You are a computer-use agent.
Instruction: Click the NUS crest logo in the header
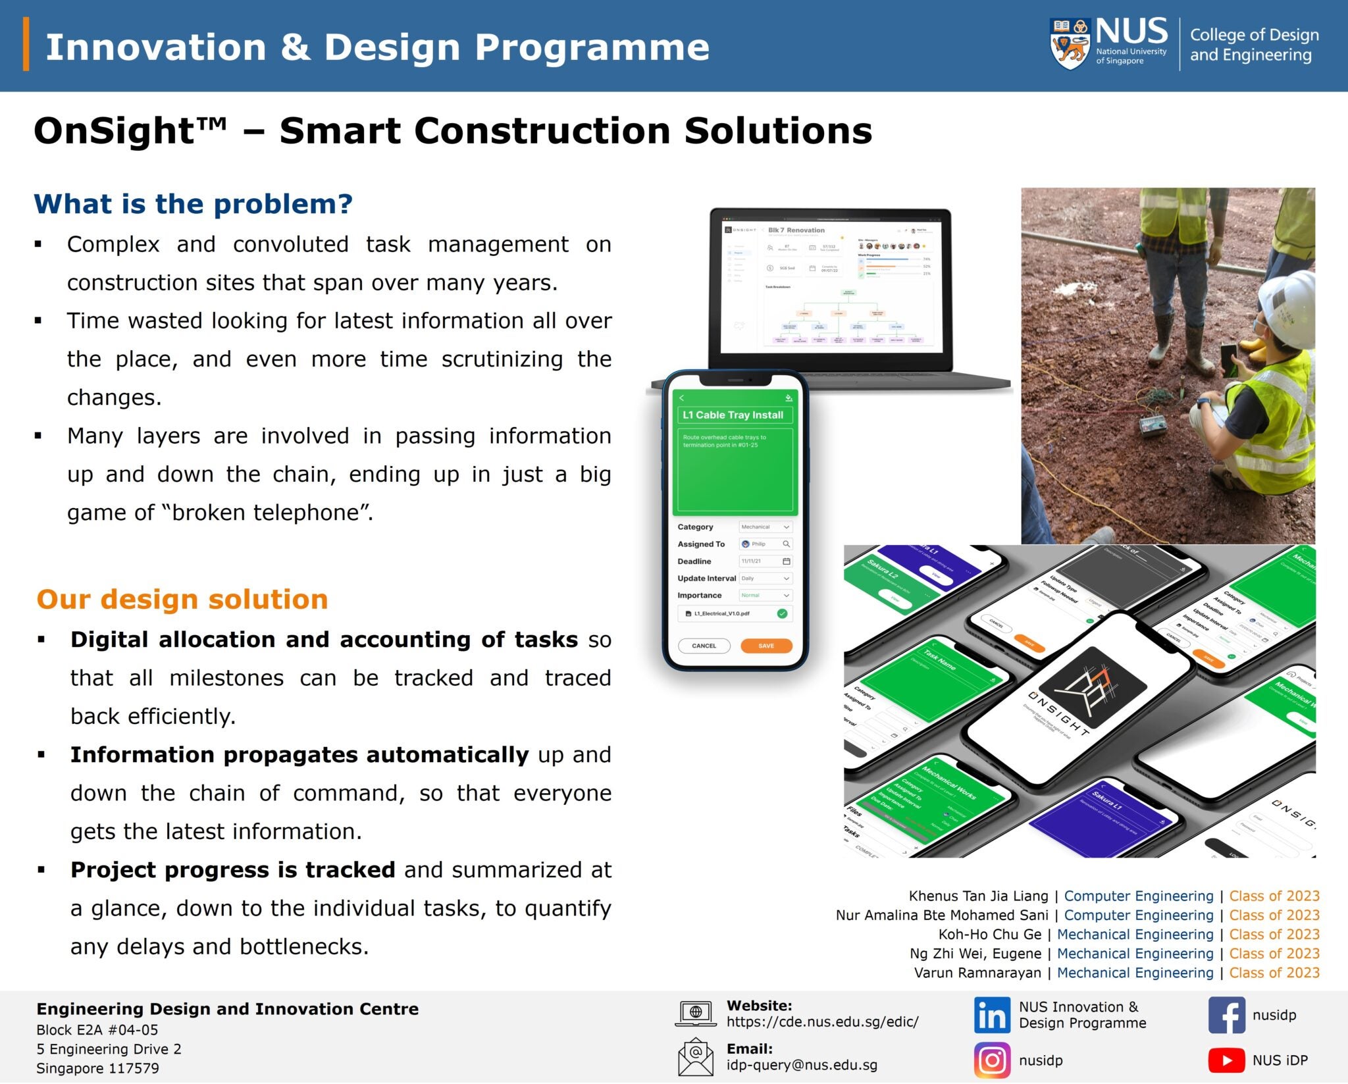[1070, 44]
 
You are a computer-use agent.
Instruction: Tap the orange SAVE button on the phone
[765, 646]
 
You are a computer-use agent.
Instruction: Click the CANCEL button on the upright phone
[704, 646]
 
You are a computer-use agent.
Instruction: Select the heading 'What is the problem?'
[193, 204]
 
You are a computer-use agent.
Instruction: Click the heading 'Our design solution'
[182, 600]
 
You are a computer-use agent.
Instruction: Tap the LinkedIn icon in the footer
[991, 1015]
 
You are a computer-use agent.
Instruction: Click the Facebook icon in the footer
[1226, 1015]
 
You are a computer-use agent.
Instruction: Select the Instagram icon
[991, 1060]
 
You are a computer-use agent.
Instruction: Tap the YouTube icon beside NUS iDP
[1226, 1060]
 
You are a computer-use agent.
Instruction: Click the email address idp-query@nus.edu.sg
[802, 1065]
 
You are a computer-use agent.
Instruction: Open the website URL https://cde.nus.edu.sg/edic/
[822, 1021]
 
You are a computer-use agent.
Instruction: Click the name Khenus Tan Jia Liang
[978, 896]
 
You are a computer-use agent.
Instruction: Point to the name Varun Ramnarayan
[977, 973]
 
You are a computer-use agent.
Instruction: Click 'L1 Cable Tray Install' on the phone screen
[733, 415]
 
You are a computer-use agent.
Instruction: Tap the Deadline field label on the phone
[694, 561]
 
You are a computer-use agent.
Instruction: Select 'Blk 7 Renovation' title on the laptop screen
[796, 230]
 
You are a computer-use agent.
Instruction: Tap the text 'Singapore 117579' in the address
[97, 1068]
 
